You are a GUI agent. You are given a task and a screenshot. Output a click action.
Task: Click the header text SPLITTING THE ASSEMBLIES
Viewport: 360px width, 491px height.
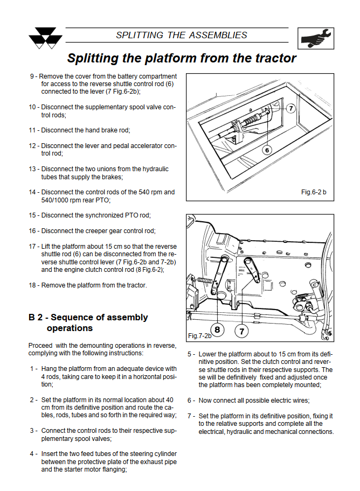[x=182, y=36]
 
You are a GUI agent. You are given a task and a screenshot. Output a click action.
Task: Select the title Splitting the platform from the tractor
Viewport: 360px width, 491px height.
[x=182, y=58]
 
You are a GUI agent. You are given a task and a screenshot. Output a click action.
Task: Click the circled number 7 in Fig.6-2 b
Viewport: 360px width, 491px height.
[x=290, y=108]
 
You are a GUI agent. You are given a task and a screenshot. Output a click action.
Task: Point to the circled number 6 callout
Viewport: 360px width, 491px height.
[x=267, y=150]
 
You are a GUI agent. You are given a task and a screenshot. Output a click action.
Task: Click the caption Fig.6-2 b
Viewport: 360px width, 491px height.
[x=314, y=192]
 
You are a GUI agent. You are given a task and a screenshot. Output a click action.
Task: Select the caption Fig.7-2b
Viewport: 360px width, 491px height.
[x=199, y=335]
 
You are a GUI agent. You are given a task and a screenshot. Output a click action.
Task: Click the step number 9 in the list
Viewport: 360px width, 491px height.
[x=33, y=76]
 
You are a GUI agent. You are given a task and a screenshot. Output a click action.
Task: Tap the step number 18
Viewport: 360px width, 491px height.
[x=33, y=285]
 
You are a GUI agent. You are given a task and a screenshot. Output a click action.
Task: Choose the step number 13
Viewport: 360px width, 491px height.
[x=33, y=169]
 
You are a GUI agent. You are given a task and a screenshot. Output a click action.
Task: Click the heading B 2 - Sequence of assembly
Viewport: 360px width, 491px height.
[x=88, y=317]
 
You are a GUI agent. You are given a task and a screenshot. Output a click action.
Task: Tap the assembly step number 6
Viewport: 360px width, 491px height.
[x=191, y=401]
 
